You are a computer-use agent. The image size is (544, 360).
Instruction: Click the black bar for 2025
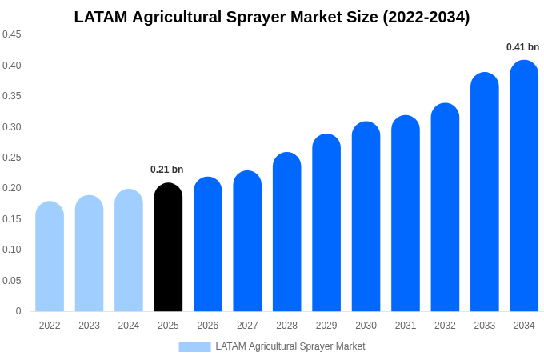point(168,248)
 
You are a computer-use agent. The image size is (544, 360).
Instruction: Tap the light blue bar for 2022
point(50,257)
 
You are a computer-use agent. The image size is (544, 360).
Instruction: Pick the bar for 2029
point(326,223)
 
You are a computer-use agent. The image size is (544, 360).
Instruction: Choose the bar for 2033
point(485,193)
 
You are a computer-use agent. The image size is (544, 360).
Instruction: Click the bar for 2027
point(247,242)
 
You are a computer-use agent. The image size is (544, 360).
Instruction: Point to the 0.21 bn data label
point(166,170)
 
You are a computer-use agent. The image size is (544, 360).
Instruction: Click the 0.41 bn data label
point(522,47)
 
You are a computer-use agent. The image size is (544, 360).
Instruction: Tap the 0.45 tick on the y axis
point(12,34)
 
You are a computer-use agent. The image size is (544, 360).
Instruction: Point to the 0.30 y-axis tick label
point(12,127)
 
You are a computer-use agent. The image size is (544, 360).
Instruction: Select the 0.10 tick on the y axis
point(12,250)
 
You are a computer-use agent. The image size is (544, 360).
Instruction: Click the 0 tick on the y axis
point(18,311)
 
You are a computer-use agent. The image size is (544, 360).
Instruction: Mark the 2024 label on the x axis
point(129,326)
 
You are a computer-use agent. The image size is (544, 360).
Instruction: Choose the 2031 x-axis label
point(406,326)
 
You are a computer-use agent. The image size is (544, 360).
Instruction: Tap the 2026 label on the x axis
point(208,326)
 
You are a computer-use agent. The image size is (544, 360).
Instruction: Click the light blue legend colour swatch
point(194,347)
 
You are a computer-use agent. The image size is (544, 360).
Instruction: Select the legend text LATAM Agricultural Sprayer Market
point(290,346)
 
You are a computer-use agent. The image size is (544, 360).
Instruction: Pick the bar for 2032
point(445,208)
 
